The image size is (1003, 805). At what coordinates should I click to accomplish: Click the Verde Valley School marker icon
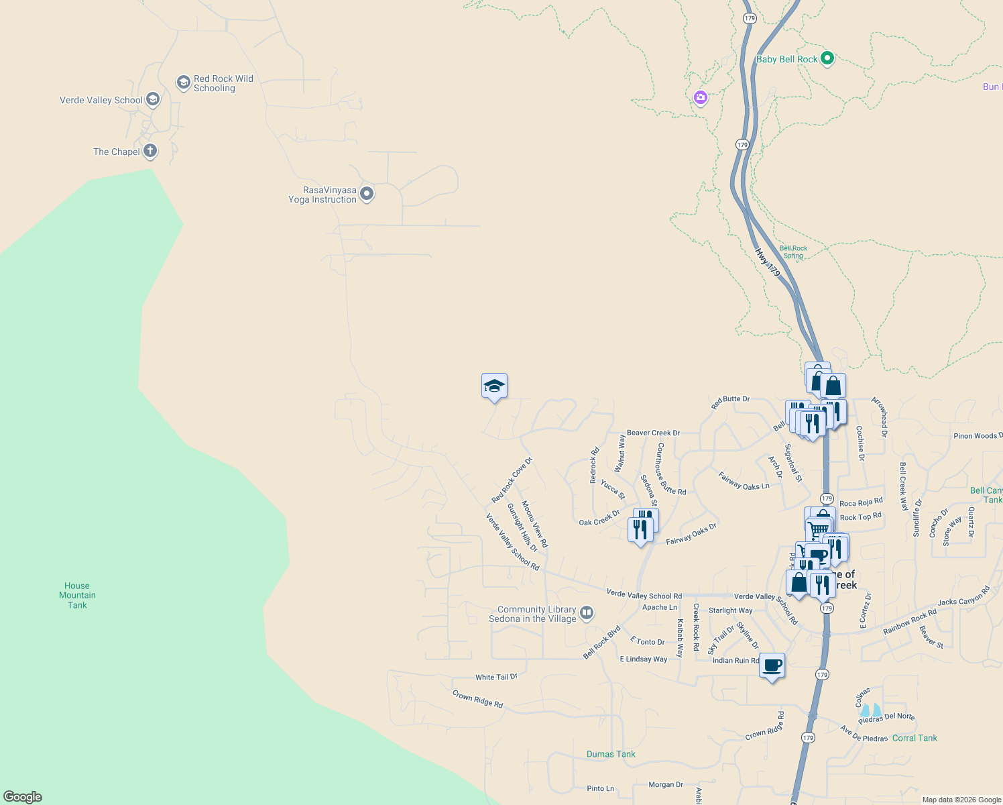(153, 100)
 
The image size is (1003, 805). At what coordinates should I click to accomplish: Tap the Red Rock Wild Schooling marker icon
(183, 83)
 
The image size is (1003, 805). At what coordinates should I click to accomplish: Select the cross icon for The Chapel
(150, 151)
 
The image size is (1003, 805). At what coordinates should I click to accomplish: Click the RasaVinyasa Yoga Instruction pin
(367, 194)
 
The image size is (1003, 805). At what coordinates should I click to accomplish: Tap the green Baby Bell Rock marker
(827, 58)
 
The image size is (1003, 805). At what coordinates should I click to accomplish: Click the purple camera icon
(701, 98)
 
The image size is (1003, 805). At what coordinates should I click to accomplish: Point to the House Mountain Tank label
(77, 596)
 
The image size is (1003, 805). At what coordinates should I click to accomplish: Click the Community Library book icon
(587, 612)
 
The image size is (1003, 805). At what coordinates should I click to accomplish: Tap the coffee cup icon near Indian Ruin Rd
(772, 665)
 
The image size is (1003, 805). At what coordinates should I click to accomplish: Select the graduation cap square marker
(494, 386)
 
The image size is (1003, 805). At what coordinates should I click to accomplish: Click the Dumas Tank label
(611, 754)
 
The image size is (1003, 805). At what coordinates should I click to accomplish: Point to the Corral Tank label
(914, 738)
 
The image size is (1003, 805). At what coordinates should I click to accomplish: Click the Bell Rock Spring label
(793, 252)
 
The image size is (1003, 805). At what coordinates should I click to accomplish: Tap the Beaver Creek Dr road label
(653, 433)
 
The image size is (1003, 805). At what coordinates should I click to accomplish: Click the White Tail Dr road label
(496, 677)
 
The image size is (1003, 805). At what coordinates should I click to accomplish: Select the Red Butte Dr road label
(730, 402)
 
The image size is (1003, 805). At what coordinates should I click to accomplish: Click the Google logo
(23, 797)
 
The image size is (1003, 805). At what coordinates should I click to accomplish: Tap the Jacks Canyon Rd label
(963, 596)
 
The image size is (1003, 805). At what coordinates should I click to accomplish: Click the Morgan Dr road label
(666, 784)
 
